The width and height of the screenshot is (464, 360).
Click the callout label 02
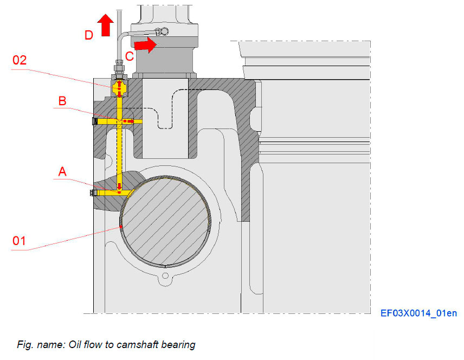coord(20,60)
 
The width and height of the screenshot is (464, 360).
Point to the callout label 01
coord(20,240)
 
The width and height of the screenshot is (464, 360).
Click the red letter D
coord(88,35)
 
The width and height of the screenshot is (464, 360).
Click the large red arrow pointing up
coord(106,25)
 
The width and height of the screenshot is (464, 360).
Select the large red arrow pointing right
coord(145,44)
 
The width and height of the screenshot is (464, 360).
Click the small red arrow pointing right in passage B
coord(128,121)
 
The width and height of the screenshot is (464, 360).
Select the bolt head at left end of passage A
coord(91,192)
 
